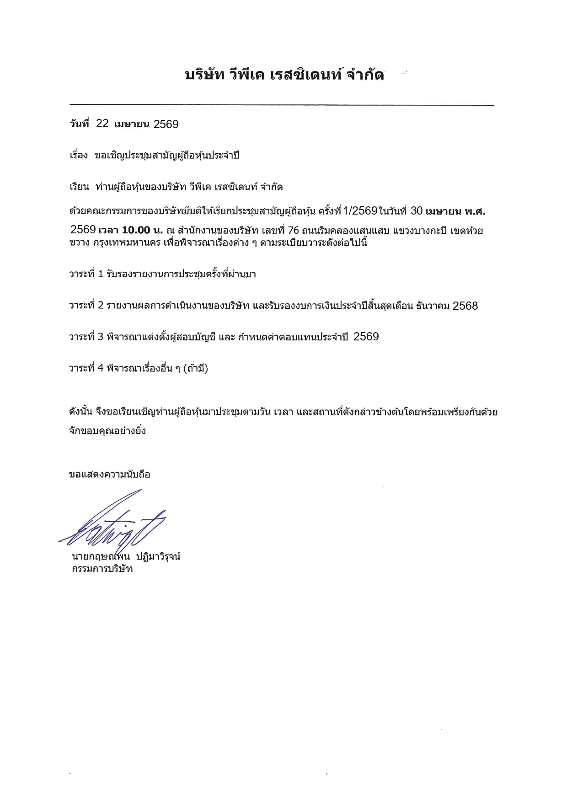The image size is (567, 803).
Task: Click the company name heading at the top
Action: (x=284, y=75)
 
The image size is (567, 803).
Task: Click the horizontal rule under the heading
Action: (x=281, y=105)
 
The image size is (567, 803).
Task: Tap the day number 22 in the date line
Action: (x=102, y=124)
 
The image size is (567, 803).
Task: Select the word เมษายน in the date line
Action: (x=132, y=124)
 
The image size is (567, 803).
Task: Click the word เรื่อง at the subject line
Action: (x=78, y=156)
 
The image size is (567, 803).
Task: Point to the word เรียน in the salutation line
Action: (x=79, y=187)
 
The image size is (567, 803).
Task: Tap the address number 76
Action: (x=293, y=230)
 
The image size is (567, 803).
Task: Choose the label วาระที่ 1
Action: (x=86, y=274)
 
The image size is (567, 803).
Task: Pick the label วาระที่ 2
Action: (x=86, y=306)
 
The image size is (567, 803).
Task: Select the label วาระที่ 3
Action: (x=86, y=337)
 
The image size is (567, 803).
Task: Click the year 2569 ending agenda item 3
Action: (x=366, y=337)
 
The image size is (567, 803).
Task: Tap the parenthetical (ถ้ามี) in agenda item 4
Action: (x=195, y=368)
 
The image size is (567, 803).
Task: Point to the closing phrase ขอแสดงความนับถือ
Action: (x=109, y=474)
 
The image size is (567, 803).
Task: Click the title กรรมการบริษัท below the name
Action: (x=102, y=569)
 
